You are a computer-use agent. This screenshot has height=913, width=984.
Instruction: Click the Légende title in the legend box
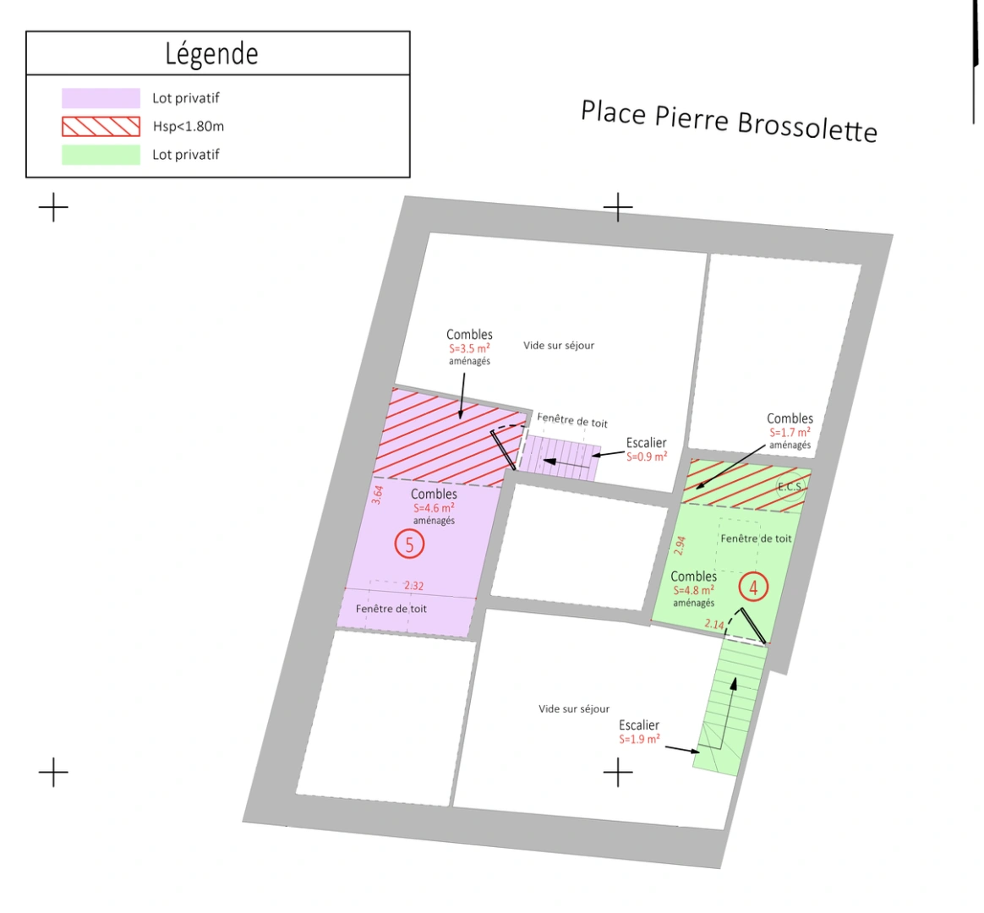tap(211, 54)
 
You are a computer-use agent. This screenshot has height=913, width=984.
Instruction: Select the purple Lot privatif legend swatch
tap(101, 98)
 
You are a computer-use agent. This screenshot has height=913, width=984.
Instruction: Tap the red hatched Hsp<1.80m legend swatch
tap(101, 126)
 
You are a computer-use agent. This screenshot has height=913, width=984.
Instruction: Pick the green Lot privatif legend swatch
tap(101, 155)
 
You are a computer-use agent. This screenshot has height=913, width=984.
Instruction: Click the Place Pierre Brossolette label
tap(729, 121)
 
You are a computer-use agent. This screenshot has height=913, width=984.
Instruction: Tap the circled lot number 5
tap(409, 544)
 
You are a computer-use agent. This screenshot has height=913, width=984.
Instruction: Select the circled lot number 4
tap(753, 588)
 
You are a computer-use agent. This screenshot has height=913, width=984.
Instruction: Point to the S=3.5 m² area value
tap(469, 348)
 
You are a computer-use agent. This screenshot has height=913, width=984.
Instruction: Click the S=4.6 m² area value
tap(434, 507)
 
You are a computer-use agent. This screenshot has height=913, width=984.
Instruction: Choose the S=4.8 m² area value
tap(693, 590)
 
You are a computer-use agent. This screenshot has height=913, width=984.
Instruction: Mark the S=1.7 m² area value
tap(790, 432)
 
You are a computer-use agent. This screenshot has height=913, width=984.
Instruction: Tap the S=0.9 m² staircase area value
tap(647, 456)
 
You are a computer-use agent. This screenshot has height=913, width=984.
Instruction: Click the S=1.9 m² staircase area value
tap(639, 739)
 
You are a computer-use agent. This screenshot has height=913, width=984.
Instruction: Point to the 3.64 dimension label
tap(377, 495)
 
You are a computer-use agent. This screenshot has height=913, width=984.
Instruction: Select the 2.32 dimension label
tap(413, 586)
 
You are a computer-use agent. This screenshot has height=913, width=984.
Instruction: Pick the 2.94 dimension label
tap(680, 545)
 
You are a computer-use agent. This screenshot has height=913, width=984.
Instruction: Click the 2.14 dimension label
tap(714, 624)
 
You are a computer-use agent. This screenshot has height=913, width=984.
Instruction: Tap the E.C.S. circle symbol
tap(790, 487)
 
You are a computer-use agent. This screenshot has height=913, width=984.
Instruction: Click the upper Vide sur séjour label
tap(559, 345)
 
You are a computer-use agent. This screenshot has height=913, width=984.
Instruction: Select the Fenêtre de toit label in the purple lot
tap(391, 608)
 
